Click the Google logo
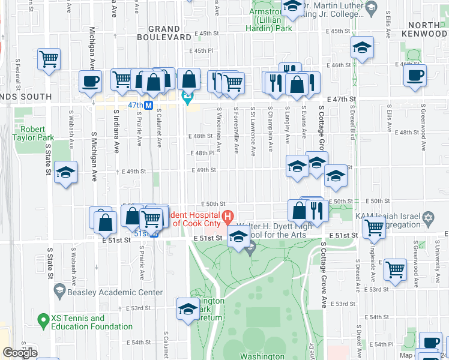(x=19, y=353)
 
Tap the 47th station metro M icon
(x=147, y=105)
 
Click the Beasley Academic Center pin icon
(x=59, y=292)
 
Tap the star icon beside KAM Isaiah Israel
(x=428, y=219)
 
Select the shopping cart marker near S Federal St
(x=49, y=59)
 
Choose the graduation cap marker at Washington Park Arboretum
(x=188, y=308)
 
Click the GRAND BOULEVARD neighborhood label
(x=164, y=33)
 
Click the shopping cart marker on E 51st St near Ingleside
(x=375, y=227)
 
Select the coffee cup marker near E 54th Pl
(x=430, y=342)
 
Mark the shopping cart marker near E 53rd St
(x=396, y=269)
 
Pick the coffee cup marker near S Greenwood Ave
(x=415, y=76)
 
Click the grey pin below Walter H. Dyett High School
(x=250, y=245)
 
